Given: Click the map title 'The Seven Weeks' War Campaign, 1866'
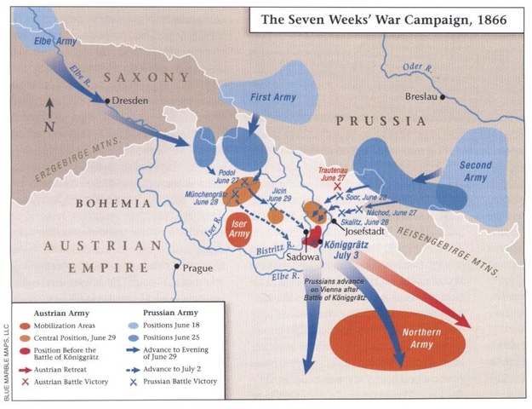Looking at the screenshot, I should coord(380,19).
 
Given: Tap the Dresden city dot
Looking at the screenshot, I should coord(107,100).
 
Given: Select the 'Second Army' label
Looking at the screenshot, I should coord(477,170).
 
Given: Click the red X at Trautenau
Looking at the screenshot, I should coord(338,185).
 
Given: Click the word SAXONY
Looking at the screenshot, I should coord(146,78).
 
